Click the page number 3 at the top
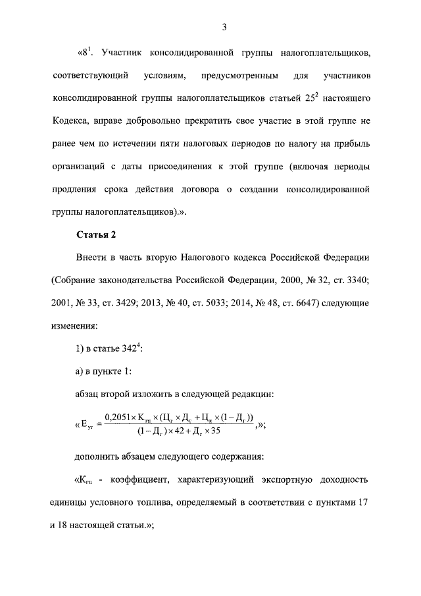[224, 27]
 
